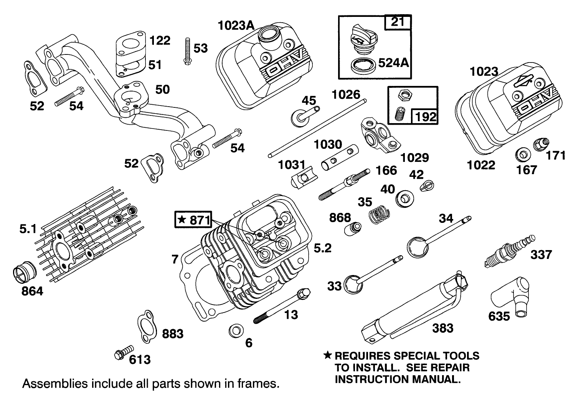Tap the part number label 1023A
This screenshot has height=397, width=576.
(x=236, y=26)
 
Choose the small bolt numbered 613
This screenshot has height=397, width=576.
(x=124, y=353)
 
